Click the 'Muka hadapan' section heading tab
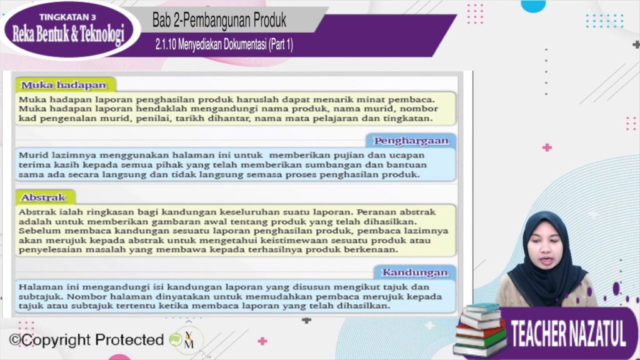pyautogui.click(x=65, y=85)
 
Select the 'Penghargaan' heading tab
pyautogui.click(x=411, y=141)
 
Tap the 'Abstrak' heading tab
pyautogui.click(x=45, y=197)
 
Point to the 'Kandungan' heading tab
pyautogui.click(x=415, y=272)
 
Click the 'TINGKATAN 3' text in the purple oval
pyautogui.click(x=67, y=17)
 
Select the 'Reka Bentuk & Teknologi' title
pyautogui.click(x=68, y=34)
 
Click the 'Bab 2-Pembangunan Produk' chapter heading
pyautogui.click(x=219, y=21)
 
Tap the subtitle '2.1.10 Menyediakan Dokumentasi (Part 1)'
pyautogui.click(x=224, y=44)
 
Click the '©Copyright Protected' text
pyautogui.click(x=86, y=339)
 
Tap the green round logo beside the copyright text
pyautogui.click(x=176, y=339)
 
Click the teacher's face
pyautogui.click(x=545, y=256)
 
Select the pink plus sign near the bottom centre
pyautogui.click(x=262, y=341)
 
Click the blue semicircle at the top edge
pyautogui.click(x=533, y=6)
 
